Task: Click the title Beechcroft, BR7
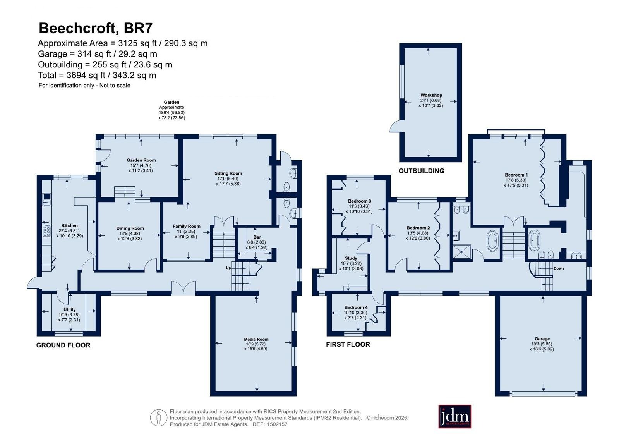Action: (95, 28)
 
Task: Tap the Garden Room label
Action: (141, 160)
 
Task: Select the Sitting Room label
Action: (228, 173)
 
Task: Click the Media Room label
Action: (256, 339)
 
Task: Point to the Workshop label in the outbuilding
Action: (431, 95)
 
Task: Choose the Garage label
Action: (542, 339)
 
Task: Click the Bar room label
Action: (257, 237)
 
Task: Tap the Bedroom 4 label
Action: (356, 307)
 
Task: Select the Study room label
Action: (351, 258)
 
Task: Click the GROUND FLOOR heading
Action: (63, 345)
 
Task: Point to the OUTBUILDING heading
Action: (422, 171)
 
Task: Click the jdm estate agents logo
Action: (454, 416)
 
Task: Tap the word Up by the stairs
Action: (228, 268)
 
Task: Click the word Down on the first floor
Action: (559, 268)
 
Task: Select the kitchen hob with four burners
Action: (47, 231)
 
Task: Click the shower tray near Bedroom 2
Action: (461, 252)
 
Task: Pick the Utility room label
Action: (69, 309)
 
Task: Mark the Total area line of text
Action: (97, 75)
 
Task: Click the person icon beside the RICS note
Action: (158, 417)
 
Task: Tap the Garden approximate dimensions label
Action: (171, 110)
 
